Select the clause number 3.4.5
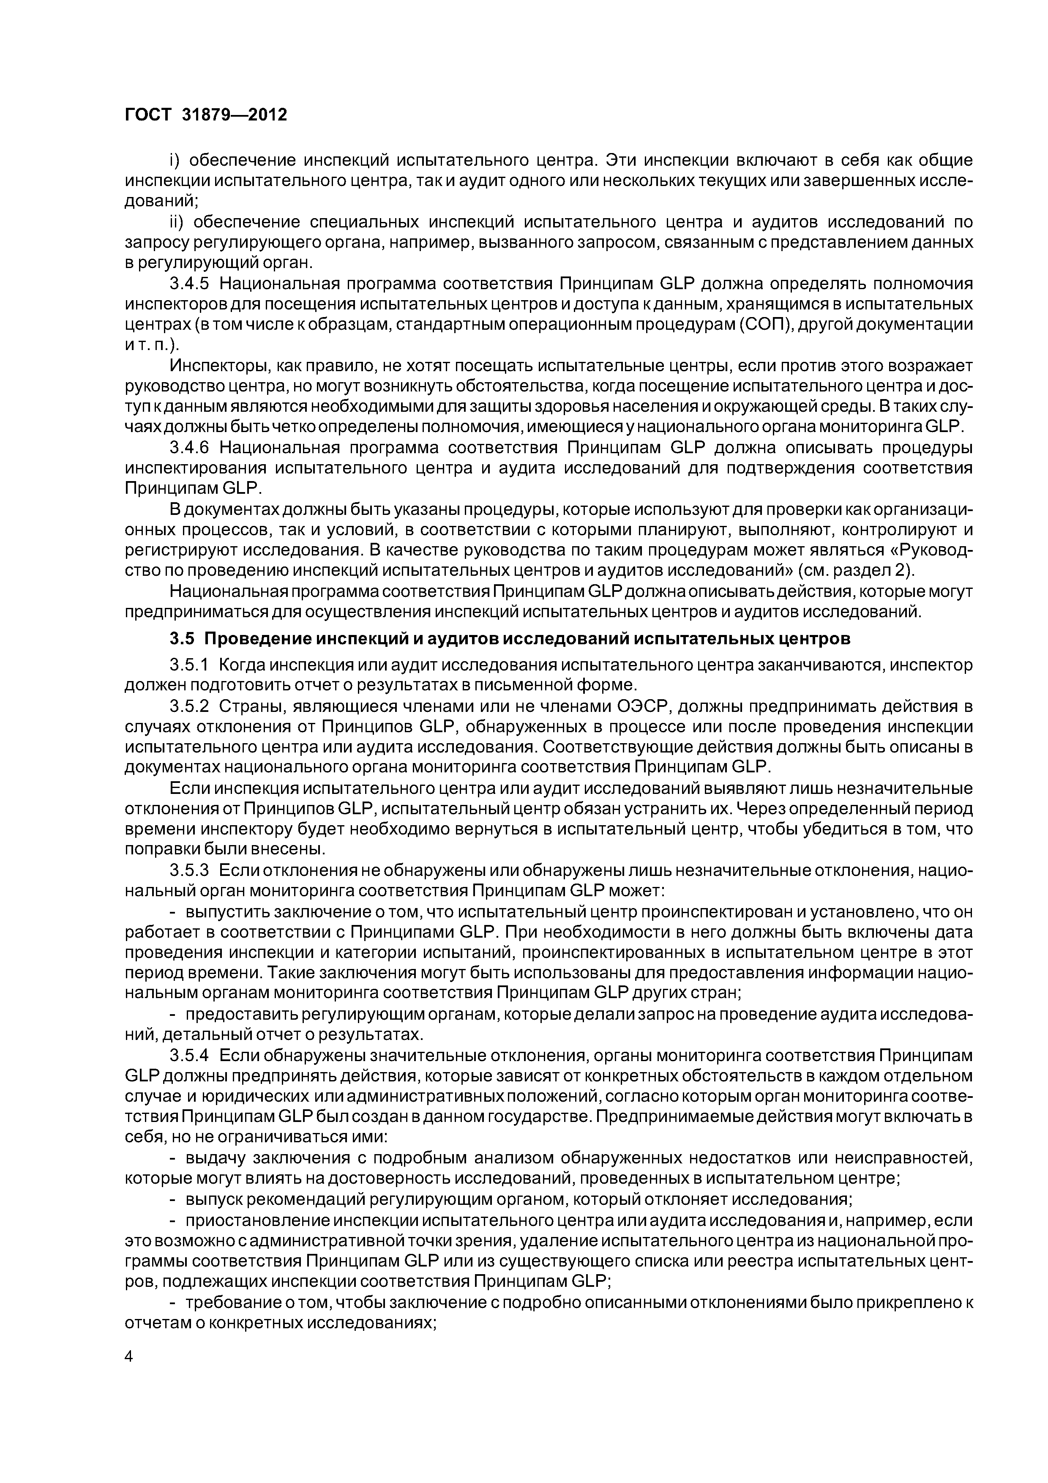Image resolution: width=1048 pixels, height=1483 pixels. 191,284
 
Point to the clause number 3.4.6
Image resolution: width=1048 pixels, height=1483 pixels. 191,448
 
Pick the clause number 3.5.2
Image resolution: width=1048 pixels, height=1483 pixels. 191,706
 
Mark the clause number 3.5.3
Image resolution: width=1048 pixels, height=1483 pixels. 191,871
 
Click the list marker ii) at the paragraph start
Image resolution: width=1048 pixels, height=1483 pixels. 177,222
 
